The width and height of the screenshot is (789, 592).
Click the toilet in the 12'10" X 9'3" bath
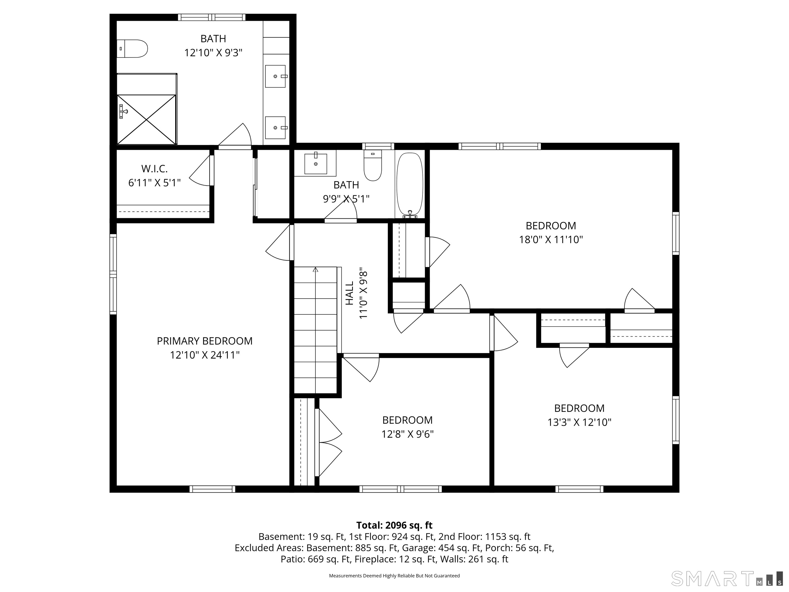tap(132, 49)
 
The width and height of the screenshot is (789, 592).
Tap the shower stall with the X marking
tap(147, 119)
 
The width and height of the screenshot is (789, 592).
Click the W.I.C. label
tap(154, 169)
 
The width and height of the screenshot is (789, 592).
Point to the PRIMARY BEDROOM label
tap(204, 341)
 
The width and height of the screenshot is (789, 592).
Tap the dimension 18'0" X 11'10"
tap(550, 239)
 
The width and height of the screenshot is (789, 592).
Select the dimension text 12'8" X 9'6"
tap(407, 434)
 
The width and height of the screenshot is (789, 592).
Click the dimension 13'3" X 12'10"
tap(579, 422)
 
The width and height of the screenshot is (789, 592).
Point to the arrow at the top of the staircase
tap(315, 270)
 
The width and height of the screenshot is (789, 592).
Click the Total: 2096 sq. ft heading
tap(394, 525)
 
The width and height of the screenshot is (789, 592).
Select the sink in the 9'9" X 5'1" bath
tap(315, 164)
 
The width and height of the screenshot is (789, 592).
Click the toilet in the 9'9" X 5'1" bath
tap(372, 166)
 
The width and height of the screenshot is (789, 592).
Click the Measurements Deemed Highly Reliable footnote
tap(394, 576)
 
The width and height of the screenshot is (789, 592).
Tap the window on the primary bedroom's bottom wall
tap(212, 489)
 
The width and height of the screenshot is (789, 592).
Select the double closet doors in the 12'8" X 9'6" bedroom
tap(328, 443)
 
